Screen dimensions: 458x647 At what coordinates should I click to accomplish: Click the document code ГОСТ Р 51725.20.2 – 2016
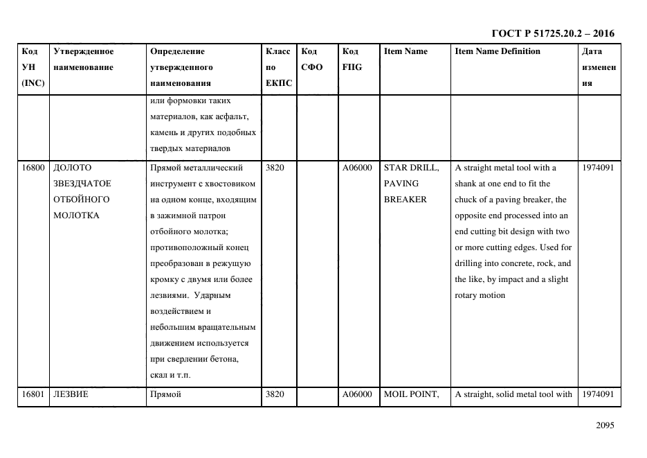pyautogui.click(x=552, y=33)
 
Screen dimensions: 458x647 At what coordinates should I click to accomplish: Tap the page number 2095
pyautogui.click(x=605, y=426)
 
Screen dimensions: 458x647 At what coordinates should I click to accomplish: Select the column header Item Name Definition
pyautogui.click(x=498, y=51)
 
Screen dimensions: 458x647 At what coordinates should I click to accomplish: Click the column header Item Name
pyautogui.click(x=405, y=51)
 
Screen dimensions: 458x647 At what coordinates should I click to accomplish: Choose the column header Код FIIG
pyautogui.click(x=352, y=59)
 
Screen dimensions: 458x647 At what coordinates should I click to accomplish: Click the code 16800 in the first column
pyautogui.click(x=33, y=168)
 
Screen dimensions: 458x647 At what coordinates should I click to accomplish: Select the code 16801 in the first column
pyautogui.click(x=33, y=394)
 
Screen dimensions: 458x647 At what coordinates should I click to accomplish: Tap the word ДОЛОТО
pyautogui.click(x=72, y=168)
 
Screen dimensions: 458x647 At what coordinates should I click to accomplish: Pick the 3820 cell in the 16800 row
pyautogui.click(x=275, y=168)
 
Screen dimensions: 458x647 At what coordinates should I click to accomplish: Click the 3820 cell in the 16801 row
pyautogui.click(x=275, y=394)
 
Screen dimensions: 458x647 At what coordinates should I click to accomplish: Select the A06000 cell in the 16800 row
pyautogui.click(x=357, y=168)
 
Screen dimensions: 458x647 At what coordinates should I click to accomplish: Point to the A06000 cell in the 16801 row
pyautogui.click(x=357, y=394)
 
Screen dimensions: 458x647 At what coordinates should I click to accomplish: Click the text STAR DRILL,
pyautogui.click(x=411, y=168)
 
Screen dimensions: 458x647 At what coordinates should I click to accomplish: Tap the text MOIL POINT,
pyautogui.click(x=411, y=394)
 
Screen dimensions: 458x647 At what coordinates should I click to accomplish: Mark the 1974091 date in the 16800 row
pyautogui.click(x=598, y=168)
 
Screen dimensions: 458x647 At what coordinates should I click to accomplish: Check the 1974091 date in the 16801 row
pyautogui.click(x=598, y=394)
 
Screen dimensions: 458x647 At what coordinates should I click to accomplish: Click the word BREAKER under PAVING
pyautogui.click(x=405, y=200)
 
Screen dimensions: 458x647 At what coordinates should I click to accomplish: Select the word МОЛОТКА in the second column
pyautogui.click(x=76, y=215)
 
